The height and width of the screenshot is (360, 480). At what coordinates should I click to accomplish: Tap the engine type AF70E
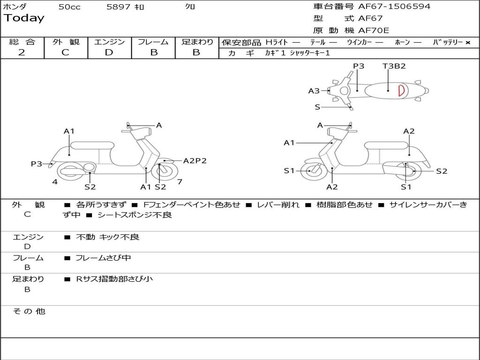374,30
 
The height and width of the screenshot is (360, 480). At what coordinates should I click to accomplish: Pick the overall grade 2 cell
22,52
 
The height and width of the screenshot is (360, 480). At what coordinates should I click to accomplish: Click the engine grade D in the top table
109,52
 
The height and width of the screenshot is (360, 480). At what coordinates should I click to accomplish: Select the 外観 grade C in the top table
65,52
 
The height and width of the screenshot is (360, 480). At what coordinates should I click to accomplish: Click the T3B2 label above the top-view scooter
394,66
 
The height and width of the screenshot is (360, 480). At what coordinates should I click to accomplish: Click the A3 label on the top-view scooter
314,91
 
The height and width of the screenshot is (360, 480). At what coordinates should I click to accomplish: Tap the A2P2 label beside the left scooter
195,161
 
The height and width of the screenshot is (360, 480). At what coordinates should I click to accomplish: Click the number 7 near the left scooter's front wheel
180,182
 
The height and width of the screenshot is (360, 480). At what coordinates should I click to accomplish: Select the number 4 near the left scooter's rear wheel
55,182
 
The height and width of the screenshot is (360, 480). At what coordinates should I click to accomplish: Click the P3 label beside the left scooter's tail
37,164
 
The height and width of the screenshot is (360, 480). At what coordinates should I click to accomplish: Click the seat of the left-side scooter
92,145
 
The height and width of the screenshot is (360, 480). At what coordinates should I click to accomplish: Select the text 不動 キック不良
107,237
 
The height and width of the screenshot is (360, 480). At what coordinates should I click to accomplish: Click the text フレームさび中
103,258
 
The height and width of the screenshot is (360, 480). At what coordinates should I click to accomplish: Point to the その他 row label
29,311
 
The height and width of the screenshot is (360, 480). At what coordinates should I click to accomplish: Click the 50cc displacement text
69,7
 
